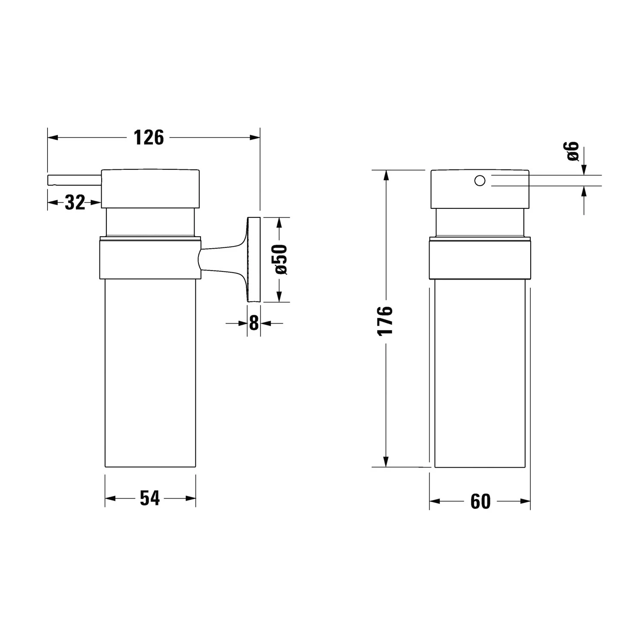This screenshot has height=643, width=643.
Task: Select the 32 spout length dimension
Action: (x=75, y=202)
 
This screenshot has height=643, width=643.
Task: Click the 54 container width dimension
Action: (x=150, y=498)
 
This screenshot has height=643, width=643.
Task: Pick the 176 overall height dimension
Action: (x=385, y=321)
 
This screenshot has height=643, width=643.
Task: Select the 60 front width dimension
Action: (x=480, y=501)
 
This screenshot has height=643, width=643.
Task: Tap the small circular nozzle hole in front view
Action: (x=480, y=180)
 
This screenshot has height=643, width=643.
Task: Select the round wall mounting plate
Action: (x=253, y=260)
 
